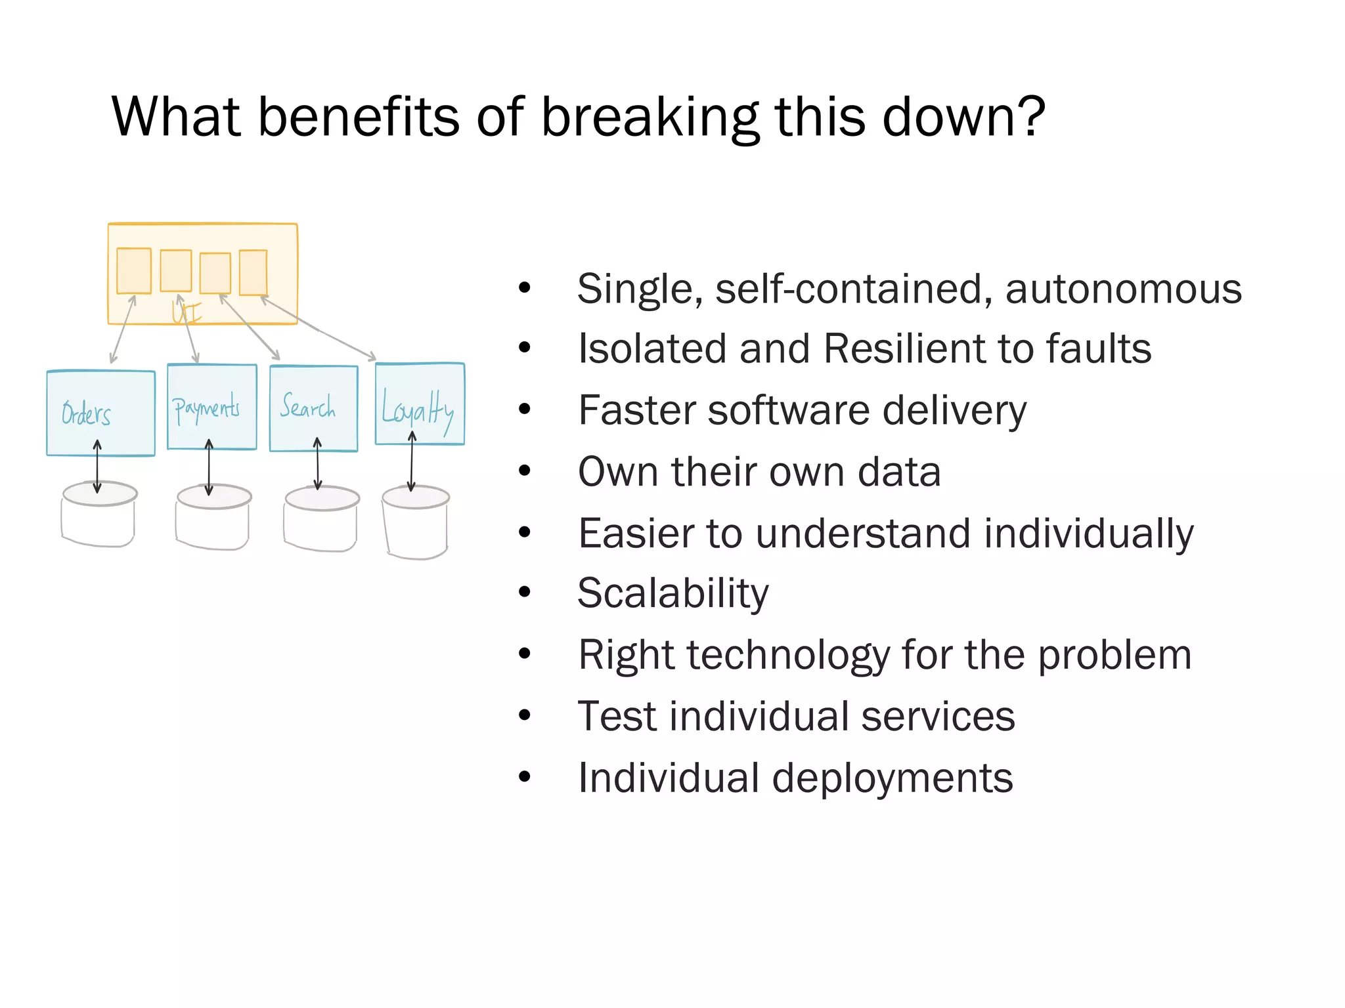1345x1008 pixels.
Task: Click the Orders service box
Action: tap(100, 413)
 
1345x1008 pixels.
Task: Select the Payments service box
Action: tap(211, 407)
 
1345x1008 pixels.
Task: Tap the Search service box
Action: tap(313, 408)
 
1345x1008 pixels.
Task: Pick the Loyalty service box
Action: tap(420, 404)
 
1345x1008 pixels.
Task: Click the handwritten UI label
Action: tap(187, 312)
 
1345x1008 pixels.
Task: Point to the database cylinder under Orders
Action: tap(99, 515)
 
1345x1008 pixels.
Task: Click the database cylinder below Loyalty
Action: tap(416, 522)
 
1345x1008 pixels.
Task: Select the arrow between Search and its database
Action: tap(317, 465)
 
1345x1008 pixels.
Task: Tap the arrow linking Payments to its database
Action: tap(209, 467)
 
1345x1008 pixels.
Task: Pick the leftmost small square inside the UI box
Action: tap(134, 270)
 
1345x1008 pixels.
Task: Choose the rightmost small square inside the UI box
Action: tap(253, 272)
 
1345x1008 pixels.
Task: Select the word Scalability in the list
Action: tap(672, 593)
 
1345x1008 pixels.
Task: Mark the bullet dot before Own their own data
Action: tap(524, 471)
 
